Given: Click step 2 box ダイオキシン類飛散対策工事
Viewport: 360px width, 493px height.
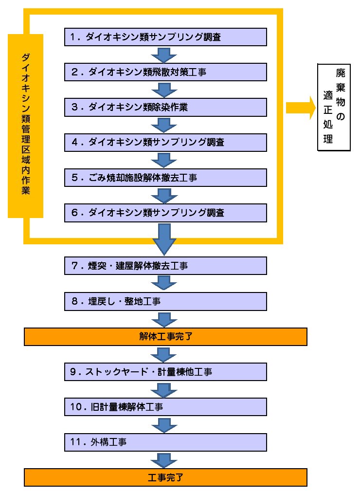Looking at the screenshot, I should coord(165,72).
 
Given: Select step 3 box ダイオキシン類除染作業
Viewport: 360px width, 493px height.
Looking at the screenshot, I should coord(165,107).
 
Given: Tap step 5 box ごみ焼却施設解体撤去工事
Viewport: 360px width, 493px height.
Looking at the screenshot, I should coord(165,178).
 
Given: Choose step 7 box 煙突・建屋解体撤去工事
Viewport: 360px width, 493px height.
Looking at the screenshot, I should coord(165,266).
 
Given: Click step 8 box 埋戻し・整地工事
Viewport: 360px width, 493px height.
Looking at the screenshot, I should coord(165,301).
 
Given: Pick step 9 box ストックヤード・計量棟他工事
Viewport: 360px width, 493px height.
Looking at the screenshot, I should coord(165,372).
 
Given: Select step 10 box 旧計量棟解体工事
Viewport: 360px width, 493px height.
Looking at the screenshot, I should coord(165,407).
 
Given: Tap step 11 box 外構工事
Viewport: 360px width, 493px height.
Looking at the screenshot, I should coord(165,442).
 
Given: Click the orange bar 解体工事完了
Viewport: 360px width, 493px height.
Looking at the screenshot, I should coord(165,336).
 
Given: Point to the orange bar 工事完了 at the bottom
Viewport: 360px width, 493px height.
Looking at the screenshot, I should coord(165,477).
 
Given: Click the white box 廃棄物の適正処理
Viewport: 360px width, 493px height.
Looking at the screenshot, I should coord(333,107).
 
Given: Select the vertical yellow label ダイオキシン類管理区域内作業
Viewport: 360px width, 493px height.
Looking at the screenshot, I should coord(26,125).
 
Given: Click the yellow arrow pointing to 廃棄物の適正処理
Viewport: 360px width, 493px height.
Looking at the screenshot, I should coord(300,107).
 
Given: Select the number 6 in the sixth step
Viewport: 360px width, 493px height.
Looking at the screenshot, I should coord(74,213).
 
